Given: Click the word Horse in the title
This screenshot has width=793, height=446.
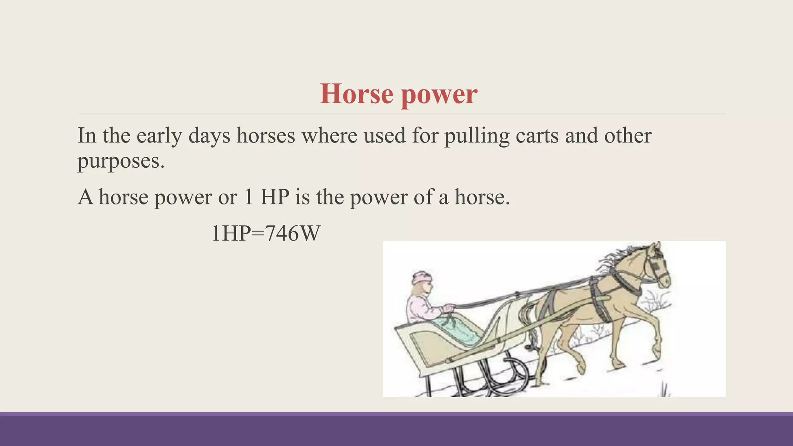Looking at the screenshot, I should (x=356, y=94).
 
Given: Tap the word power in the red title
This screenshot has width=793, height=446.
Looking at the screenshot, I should (x=439, y=95).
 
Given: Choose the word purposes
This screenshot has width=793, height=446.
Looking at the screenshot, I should (x=121, y=161).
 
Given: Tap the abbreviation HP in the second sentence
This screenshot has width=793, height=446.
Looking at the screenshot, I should (x=275, y=197).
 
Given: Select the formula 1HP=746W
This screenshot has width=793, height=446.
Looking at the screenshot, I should (x=266, y=234).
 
